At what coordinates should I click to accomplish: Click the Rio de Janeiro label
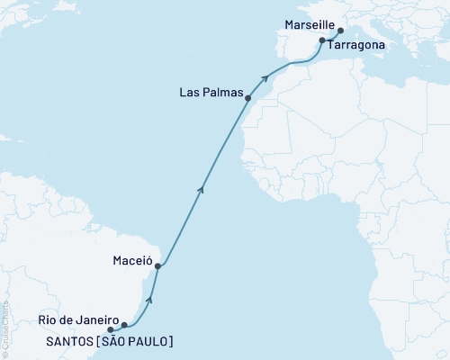pos(78,319)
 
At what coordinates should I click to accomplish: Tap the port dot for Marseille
pos(340,30)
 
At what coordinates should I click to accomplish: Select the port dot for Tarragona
pos(322,41)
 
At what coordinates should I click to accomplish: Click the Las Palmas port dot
pos(247,98)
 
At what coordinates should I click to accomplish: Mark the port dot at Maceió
pos(157,266)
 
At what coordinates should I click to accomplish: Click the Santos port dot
pos(111,330)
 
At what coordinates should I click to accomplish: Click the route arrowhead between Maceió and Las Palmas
pos(202,187)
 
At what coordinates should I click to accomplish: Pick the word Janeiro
pos(97,319)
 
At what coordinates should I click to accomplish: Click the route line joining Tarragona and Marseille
pos(331,35)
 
